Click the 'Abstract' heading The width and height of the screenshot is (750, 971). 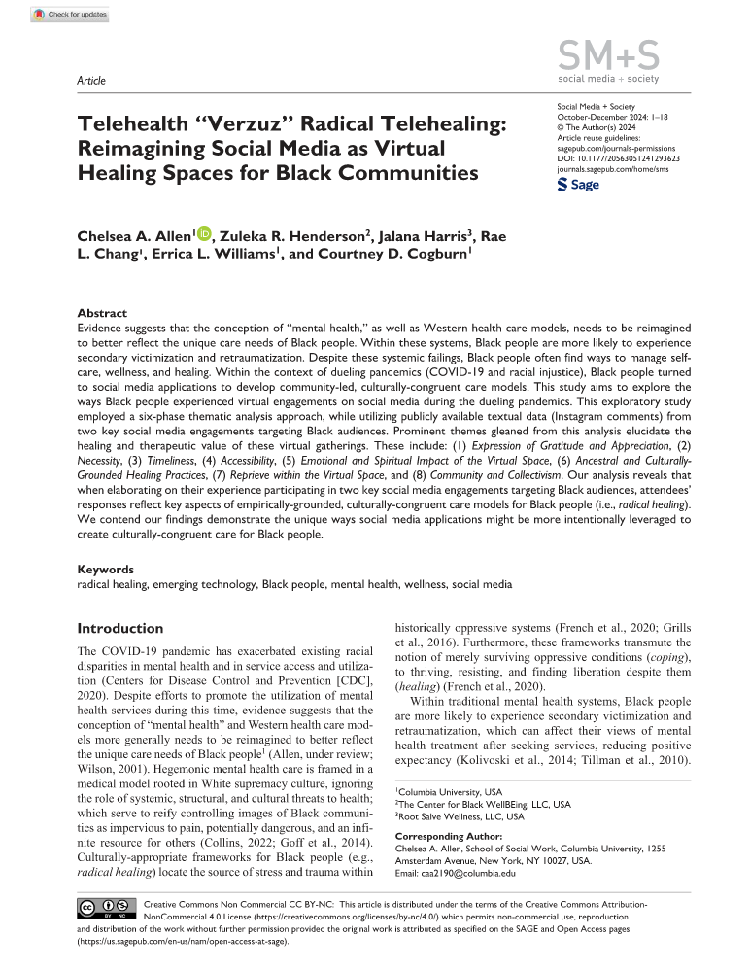click(102, 314)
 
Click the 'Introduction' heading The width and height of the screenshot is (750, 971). click(120, 628)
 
